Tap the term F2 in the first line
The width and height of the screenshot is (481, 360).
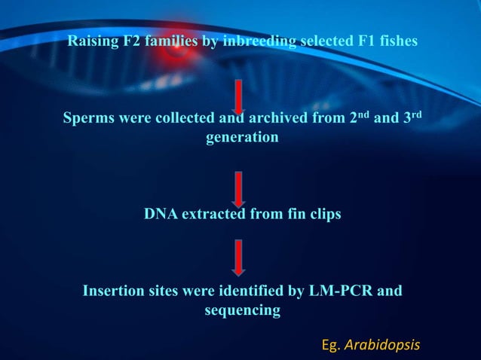(x=133, y=41)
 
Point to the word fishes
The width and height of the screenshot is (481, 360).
(x=397, y=41)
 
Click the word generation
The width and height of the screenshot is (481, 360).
(x=242, y=139)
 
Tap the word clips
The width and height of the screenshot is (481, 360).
(x=322, y=215)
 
